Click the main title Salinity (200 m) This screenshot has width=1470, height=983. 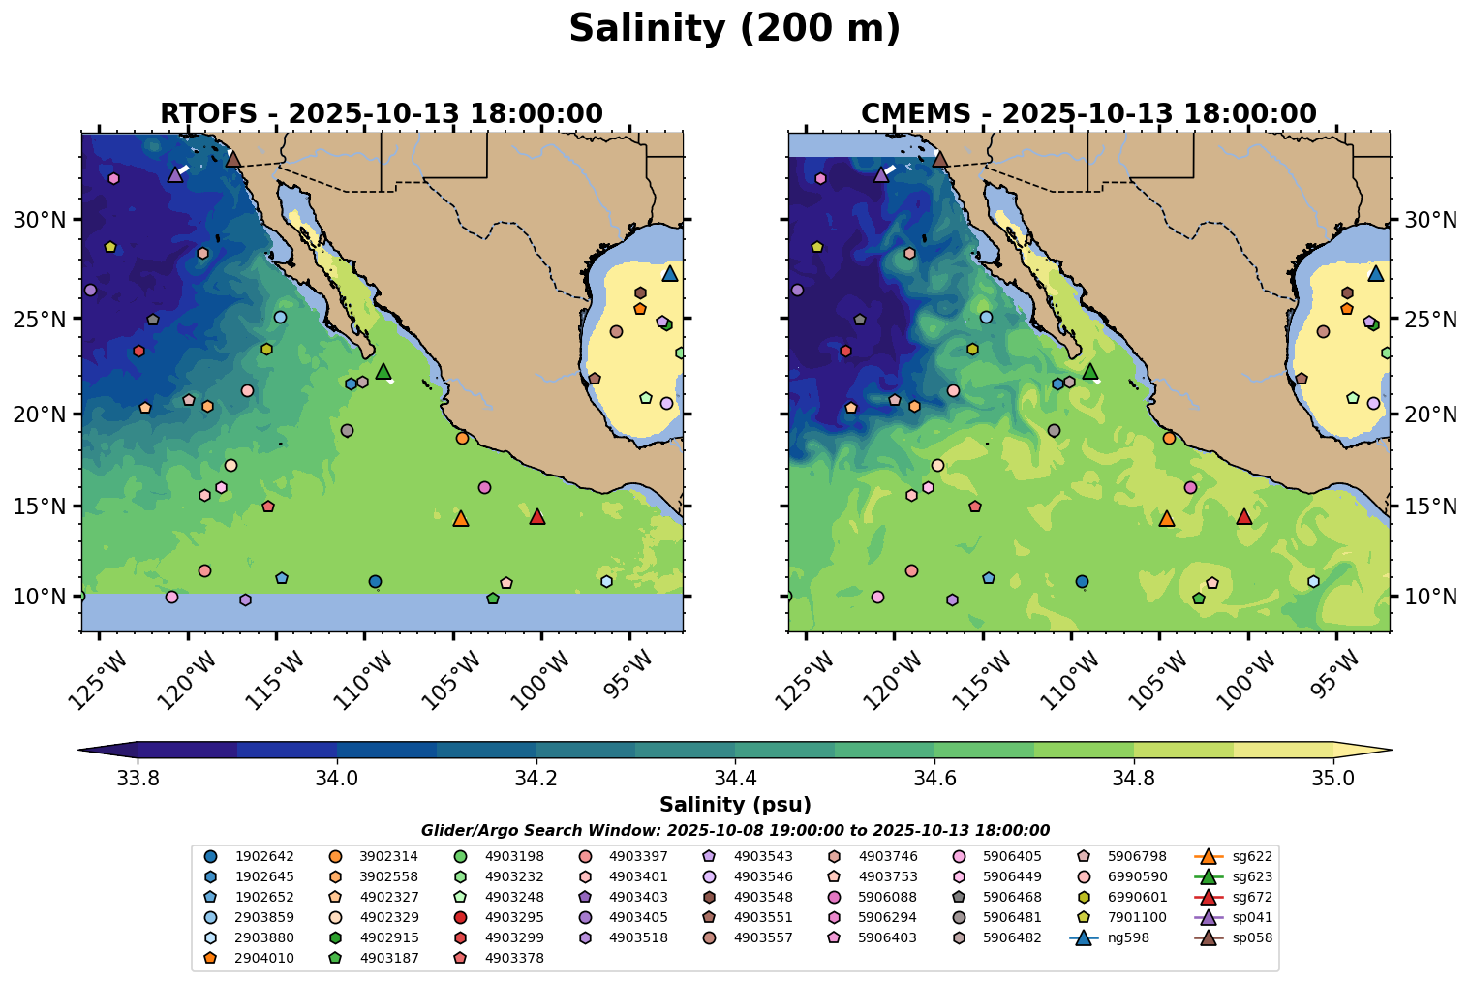[x=734, y=29]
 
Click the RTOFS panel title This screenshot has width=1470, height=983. [x=382, y=114]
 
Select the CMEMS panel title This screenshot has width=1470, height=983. [x=1088, y=114]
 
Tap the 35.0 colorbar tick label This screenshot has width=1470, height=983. [x=1332, y=778]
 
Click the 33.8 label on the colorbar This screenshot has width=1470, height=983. [x=137, y=778]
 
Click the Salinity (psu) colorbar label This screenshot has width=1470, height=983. [x=734, y=805]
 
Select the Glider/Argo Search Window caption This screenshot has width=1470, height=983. [x=735, y=830]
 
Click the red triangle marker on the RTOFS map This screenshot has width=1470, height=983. [x=537, y=517]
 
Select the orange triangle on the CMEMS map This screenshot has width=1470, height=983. [x=1167, y=519]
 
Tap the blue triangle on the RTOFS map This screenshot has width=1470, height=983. [x=669, y=274]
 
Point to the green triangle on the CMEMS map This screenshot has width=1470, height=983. [x=1090, y=372]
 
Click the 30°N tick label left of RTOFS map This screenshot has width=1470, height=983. [x=40, y=220]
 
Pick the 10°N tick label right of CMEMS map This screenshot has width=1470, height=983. [x=1430, y=597]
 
